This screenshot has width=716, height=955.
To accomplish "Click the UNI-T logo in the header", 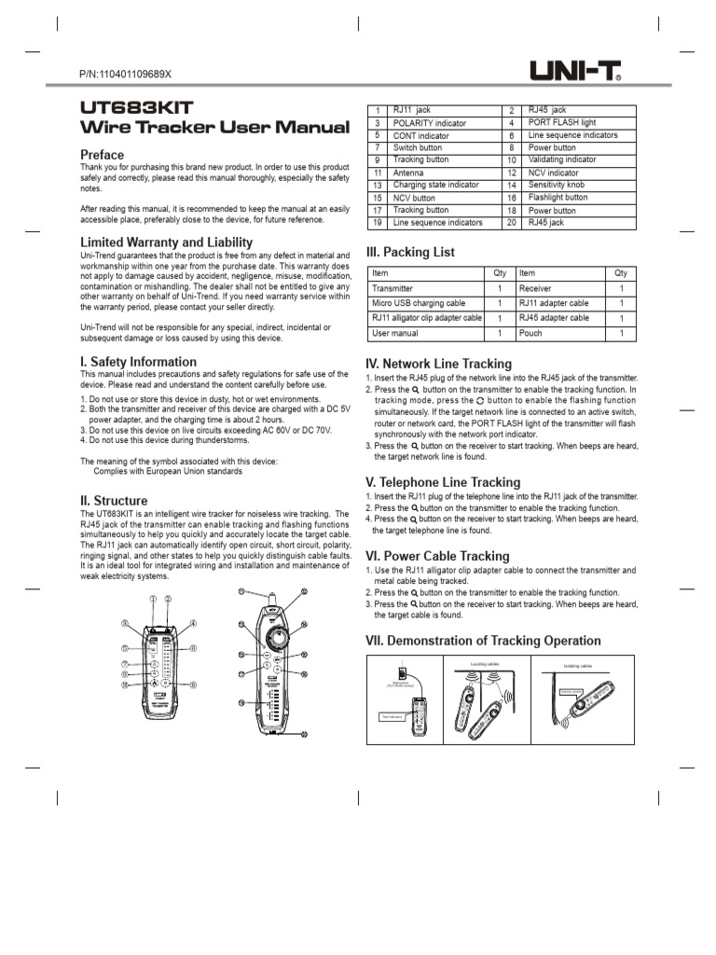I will pos(575,70).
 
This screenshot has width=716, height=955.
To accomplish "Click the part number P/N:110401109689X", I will pos(126,74).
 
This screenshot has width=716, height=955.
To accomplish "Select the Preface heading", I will pos(102,154).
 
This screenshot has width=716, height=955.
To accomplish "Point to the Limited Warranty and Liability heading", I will pos(166,242).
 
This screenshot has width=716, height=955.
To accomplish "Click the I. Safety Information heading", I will pos(138,362).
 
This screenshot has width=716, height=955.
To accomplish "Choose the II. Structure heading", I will pos(114,501).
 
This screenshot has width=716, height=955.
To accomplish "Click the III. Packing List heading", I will pos(410,252).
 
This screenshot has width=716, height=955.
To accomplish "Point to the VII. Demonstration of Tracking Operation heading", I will pos(483,641).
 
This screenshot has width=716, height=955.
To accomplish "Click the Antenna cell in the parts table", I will pos(408,173).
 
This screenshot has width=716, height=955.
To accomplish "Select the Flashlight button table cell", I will pos(558,198).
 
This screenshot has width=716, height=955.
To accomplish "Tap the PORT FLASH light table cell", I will pos(562,123).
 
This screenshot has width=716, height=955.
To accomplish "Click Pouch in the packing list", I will pos(530,333).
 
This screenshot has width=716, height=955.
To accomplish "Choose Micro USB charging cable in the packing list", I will pos(418,303).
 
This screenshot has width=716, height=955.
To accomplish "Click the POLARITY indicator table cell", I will pos(429,123).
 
